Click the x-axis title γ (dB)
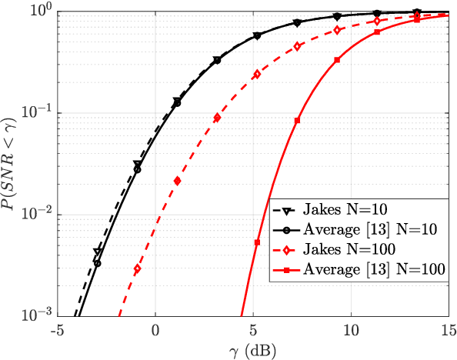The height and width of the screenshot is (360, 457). (253, 349)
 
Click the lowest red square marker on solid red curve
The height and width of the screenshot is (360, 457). (258, 242)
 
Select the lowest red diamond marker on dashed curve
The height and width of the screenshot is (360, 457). (138, 268)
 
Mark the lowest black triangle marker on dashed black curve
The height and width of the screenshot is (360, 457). (97, 252)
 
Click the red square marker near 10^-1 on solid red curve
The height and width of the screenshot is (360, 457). (297, 121)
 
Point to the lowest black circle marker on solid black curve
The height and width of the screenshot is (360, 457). (97, 263)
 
